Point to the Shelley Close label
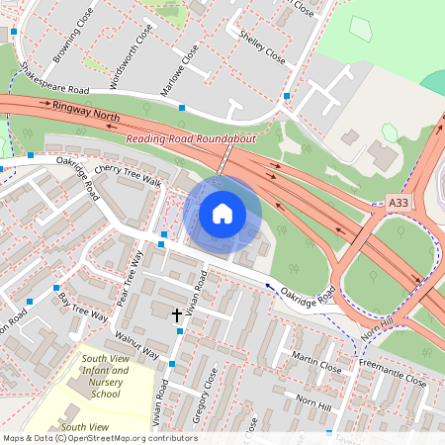click(262, 46)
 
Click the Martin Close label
click(317, 363)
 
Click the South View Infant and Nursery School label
click(105, 376)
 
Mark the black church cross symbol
click(178, 314)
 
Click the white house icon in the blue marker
click(222, 214)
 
